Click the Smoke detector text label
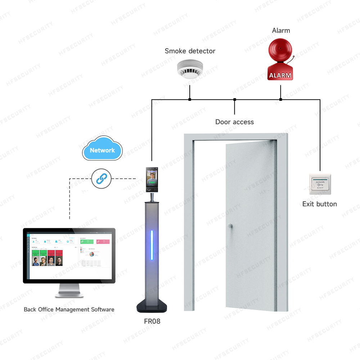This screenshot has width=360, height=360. pyautogui.click(x=190, y=51)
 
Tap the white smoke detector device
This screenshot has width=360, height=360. pyautogui.click(x=190, y=69)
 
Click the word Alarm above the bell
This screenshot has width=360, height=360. pyautogui.click(x=281, y=31)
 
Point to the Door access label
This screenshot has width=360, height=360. pyautogui.click(x=234, y=122)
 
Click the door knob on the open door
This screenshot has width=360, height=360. pyautogui.click(x=230, y=226)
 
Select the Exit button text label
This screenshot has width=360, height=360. pyautogui.click(x=319, y=204)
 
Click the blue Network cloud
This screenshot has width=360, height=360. pyautogui.click(x=102, y=149)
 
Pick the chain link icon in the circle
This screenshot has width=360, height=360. pyautogui.click(x=101, y=178)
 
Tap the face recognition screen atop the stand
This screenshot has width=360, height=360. pyautogui.click(x=152, y=179)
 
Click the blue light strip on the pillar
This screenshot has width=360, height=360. pyautogui.click(x=152, y=246)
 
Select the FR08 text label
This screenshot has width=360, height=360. pyautogui.click(x=152, y=321)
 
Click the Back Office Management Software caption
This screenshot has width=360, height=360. pyautogui.click(x=69, y=309)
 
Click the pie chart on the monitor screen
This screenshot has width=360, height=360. pyautogui.click(x=92, y=254)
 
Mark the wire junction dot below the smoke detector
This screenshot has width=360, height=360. pyautogui.click(x=190, y=99)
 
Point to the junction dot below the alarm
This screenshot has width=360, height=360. pyautogui.click(x=280, y=99)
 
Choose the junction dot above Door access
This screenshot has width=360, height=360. pyautogui.click(x=234, y=99)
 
